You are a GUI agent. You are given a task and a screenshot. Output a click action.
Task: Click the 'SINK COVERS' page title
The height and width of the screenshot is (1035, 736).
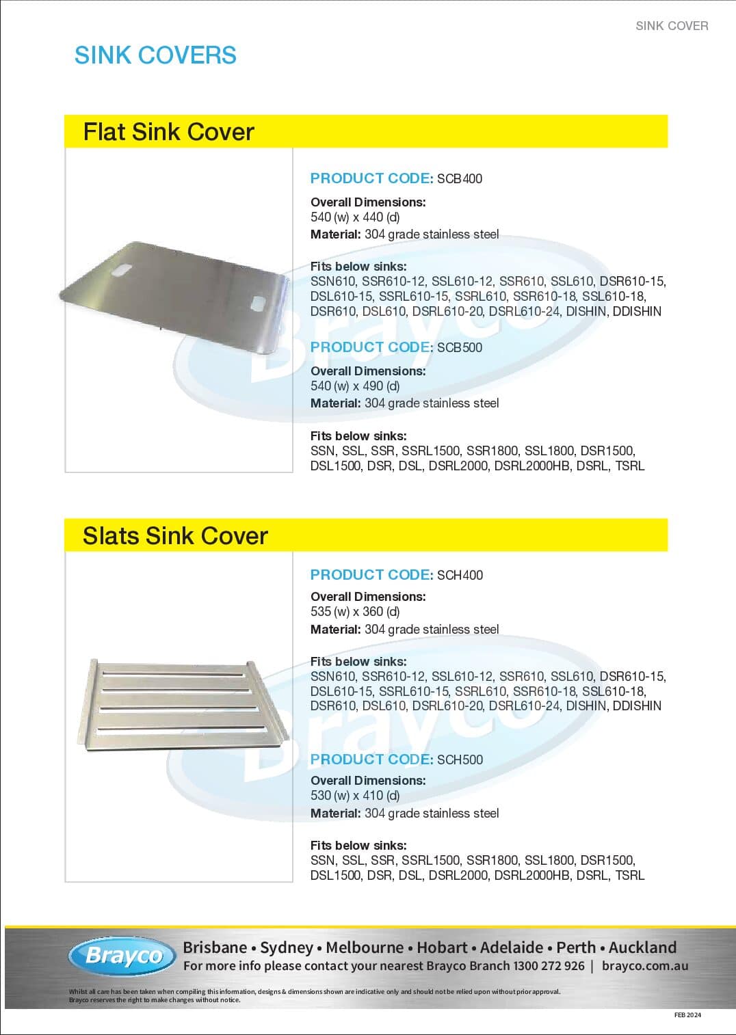click(155, 55)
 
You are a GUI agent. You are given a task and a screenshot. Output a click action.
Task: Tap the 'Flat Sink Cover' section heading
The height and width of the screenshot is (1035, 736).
click(168, 132)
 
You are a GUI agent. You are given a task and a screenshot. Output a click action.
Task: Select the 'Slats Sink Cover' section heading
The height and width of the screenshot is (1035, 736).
click(175, 536)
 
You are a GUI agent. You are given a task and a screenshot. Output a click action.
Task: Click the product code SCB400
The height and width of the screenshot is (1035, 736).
click(460, 179)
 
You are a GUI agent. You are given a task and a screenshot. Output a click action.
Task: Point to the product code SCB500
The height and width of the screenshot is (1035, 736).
click(460, 348)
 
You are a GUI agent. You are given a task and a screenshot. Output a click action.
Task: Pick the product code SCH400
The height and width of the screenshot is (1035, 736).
click(460, 576)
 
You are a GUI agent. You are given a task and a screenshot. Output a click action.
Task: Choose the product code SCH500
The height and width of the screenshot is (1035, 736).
click(460, 760)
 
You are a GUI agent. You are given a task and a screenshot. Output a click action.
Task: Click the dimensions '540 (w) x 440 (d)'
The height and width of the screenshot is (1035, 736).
click(355, 217)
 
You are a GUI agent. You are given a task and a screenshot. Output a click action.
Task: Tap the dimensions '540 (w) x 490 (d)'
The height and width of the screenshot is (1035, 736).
click(355, 386)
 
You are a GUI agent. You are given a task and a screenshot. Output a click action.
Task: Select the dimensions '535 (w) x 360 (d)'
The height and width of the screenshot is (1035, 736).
click(355, 612)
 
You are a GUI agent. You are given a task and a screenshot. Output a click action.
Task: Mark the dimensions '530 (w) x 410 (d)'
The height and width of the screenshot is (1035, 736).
click(355, 796)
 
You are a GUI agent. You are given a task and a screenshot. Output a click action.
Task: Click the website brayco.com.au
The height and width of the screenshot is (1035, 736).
click(645, 966)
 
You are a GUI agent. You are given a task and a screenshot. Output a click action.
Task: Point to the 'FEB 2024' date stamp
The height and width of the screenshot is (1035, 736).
click(687, 1015)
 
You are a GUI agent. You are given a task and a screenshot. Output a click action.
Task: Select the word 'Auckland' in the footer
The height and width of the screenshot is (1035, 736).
click(642, 947)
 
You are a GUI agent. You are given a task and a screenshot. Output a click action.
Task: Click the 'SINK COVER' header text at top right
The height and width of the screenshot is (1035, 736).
click(672, 26)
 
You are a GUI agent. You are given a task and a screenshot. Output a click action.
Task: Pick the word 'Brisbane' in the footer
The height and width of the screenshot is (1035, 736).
click(215, 947)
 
